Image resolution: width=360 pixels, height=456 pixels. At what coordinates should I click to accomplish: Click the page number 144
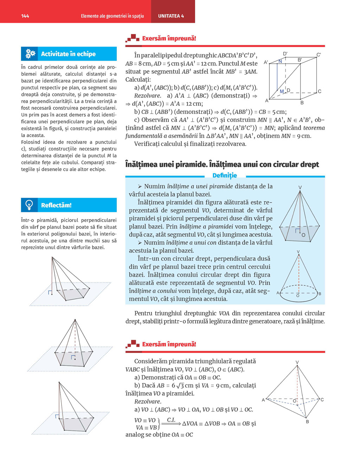click(25, 16)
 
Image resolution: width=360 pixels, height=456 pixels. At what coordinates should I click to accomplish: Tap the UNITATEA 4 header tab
click(171, 16)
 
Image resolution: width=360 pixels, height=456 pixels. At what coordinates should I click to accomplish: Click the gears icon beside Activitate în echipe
click(30, 54)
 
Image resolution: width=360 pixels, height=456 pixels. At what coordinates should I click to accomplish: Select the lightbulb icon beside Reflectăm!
click(30, 205)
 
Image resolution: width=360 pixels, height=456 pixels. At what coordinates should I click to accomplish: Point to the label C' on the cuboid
click(319, 55)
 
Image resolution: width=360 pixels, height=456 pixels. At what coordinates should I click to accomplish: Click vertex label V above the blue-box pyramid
click(300, 188)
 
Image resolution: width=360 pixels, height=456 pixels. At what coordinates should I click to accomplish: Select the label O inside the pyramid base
click(303, 235)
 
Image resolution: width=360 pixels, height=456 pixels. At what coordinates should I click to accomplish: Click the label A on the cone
click(278, 293)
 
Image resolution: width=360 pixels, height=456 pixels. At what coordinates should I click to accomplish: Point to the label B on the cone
click(320, 294)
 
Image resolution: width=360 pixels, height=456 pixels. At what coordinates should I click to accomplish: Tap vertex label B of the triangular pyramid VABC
click(307, 421)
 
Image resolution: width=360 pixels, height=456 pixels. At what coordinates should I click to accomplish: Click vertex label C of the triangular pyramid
click(322, 399)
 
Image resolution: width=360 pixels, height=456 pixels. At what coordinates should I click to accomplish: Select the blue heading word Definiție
click(225, 175)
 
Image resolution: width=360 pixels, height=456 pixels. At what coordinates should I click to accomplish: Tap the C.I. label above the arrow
click(171, 420)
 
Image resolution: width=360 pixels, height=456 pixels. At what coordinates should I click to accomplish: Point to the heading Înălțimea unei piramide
click(165, 164)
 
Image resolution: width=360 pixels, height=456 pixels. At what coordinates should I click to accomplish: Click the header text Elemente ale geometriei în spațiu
click(112, 16)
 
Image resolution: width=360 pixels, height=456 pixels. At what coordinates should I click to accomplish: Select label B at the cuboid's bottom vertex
click(302, 103)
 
